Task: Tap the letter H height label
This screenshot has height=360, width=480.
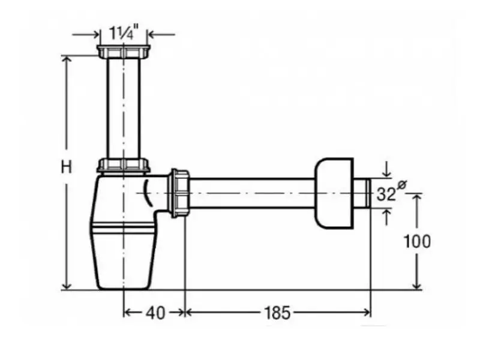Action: click(x=66, y=167)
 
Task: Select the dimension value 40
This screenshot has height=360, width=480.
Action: click(x=155, y=313)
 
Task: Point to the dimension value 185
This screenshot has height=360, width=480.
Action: click(x=277, y=313)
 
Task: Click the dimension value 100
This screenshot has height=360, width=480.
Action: click(x=417, y=241)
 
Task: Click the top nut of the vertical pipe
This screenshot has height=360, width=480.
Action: click(x=124, y=52)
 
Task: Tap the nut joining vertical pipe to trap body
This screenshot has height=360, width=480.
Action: click(x=124, y=166)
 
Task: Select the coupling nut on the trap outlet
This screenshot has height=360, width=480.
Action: click(x=179, y=193)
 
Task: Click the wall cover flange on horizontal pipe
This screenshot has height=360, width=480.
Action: click(x=334, y=193)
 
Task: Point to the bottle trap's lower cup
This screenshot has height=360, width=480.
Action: click(x=124, y=259)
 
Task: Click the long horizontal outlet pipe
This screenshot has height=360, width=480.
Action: click(x=252, y=193)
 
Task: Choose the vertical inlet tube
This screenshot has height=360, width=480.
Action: click(x=124, y=109)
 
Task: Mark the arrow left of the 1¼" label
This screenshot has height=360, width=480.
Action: click(x=86, y=34)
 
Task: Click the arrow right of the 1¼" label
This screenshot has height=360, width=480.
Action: click(x=161, y=34)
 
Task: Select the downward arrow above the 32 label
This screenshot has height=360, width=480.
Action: click(x=387, y=170)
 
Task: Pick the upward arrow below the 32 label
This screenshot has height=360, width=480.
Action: click(x=387, y=217)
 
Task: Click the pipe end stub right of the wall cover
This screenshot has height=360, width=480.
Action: click(x=362, y=193)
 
